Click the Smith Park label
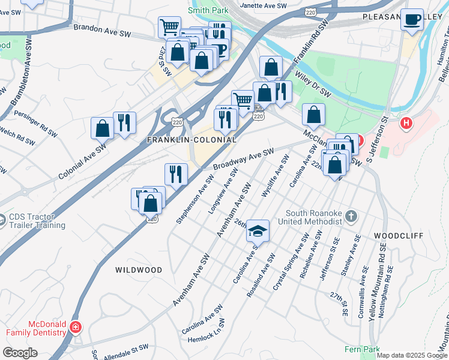[x=208, y=10]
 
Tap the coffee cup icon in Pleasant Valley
[x=412, y=19]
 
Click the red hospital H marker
[x=407, y=124]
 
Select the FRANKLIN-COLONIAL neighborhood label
[x=191, y=139]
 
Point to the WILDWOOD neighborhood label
[x=139, y=270]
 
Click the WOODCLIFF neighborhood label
[x=397, y=235]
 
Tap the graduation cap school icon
[x=258, y=230]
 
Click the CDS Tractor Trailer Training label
[x=37, y=221]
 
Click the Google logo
[x=20, y=353]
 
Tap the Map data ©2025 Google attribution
[x=412, y=355]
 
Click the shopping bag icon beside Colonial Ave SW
[x=102, y=128]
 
